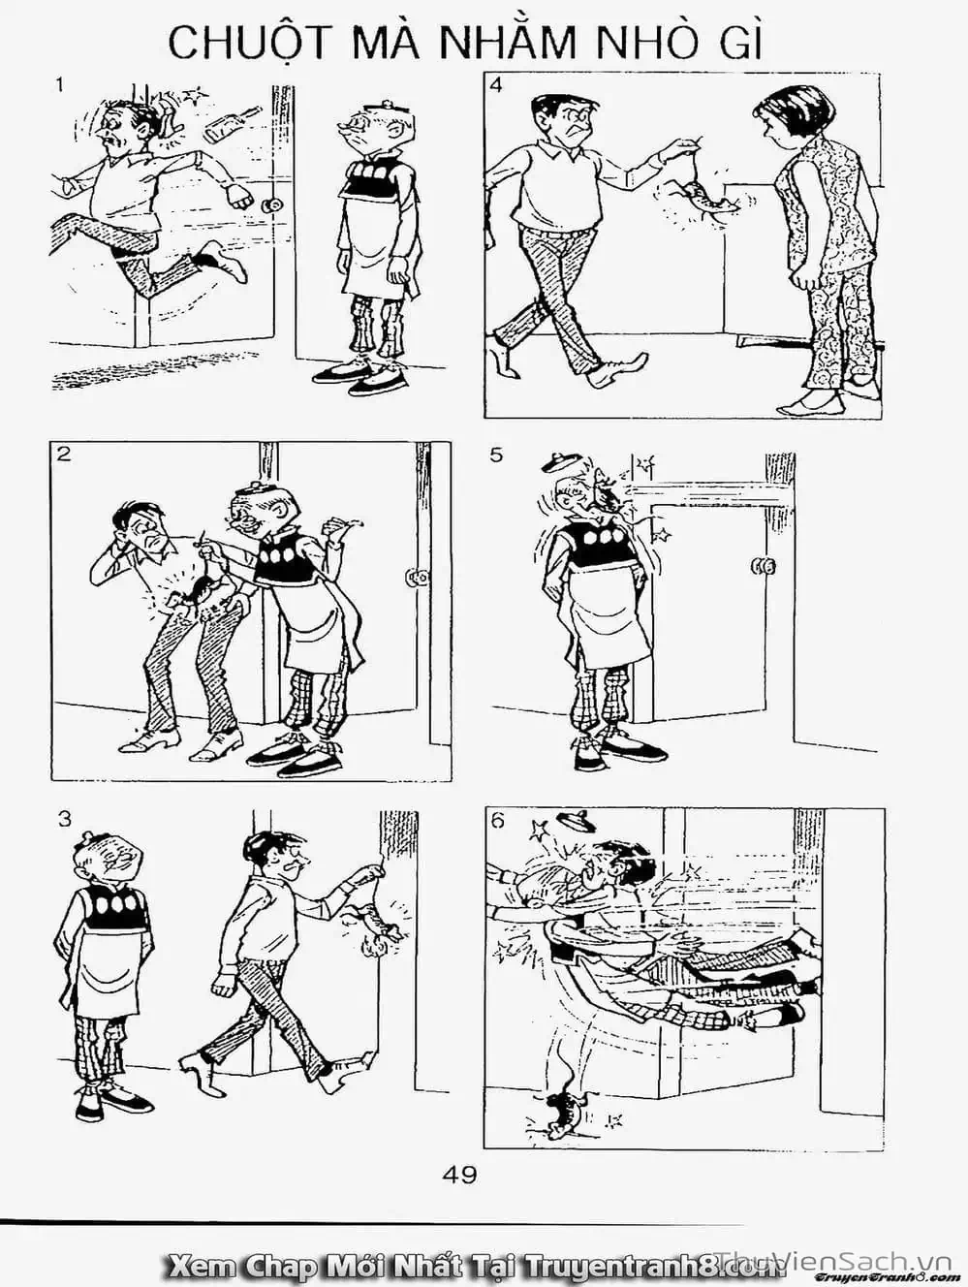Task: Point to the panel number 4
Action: [496, 86]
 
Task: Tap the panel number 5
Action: [496, 455]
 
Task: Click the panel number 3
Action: [64, 819]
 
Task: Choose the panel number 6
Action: [497, 820]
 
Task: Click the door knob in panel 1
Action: [270, 204]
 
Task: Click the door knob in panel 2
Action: [417, 576]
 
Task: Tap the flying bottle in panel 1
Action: [231, 123]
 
